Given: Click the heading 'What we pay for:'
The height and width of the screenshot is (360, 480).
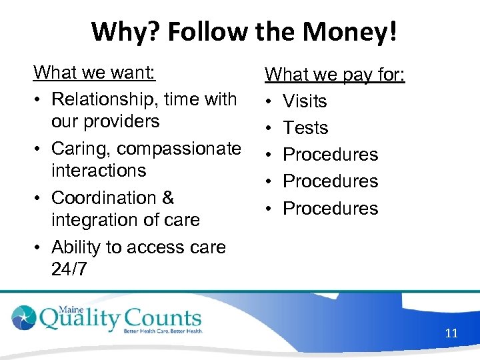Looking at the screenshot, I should tap(335, 74).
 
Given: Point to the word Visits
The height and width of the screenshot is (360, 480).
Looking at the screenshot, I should tap(305, 101).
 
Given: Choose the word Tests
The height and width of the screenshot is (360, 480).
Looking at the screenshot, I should tap(305, 128).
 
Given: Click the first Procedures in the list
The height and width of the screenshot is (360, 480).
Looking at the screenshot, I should tap(330, 155).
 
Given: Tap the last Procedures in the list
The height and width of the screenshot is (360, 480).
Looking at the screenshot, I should tap(330, 209).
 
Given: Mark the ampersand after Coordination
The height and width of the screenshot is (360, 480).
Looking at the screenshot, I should tap(167, 198).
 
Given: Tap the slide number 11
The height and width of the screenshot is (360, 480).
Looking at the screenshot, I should tap(451, 333).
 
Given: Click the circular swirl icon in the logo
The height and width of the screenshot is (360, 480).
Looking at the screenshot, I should tap(25, 317).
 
